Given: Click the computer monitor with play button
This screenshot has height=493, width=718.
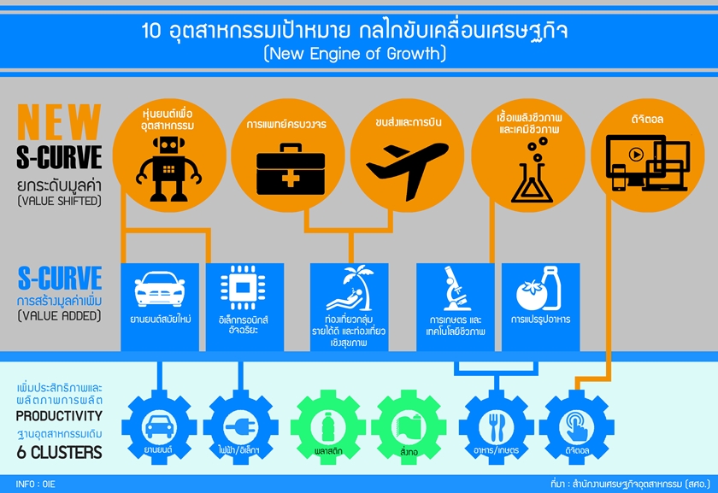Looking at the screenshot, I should point(646,165).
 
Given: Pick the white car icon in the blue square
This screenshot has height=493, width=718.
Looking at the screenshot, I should point(160,291).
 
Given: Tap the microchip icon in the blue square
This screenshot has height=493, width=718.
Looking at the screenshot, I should point(242,289).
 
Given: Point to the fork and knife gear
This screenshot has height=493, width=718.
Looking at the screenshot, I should point(496,426).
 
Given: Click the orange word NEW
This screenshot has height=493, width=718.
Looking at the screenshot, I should point(60,122).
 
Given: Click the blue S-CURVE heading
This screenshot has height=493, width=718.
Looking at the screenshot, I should point(60,278).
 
